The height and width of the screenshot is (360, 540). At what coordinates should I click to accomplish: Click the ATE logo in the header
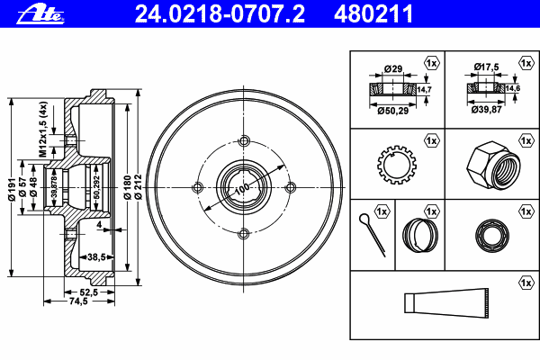(40, 14)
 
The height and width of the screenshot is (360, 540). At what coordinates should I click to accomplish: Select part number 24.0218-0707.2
(220, 14)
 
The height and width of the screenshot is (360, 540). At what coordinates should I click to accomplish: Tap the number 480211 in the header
(373, 14)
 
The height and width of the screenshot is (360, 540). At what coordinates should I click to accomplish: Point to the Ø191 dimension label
(12, 189)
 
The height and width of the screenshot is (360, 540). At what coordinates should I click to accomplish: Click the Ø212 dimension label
(138, 186)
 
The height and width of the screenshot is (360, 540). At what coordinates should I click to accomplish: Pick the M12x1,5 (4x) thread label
(42, 130)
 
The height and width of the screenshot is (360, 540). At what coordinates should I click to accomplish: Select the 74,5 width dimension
(78, 301)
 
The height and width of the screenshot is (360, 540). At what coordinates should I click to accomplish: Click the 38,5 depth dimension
(96, 256)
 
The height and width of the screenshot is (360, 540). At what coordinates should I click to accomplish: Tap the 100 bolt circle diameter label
(242, 188)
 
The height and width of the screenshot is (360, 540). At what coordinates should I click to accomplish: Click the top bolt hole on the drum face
(244, 140)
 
